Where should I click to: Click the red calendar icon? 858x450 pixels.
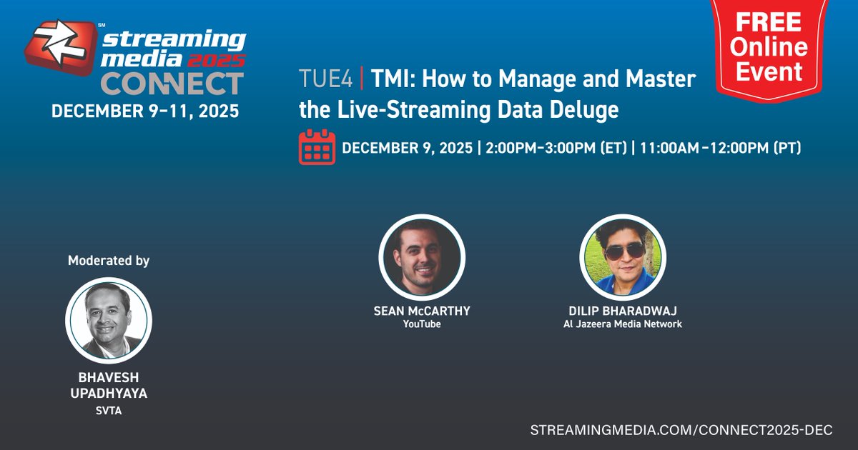317,147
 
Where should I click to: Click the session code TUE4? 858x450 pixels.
325,79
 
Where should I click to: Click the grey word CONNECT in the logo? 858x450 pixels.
172,84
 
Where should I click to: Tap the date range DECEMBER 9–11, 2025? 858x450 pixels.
145,112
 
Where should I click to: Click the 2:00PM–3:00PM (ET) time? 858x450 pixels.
556,149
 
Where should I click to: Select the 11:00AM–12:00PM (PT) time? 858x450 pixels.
720,149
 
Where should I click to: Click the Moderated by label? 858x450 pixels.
109,261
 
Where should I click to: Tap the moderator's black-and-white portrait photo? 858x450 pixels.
109,320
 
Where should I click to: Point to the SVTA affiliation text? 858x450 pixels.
109,411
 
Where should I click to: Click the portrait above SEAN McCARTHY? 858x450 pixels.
422,256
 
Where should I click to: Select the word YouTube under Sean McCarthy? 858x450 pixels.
422,324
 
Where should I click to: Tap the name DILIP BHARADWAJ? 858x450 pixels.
623,311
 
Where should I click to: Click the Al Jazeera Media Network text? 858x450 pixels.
623,324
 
